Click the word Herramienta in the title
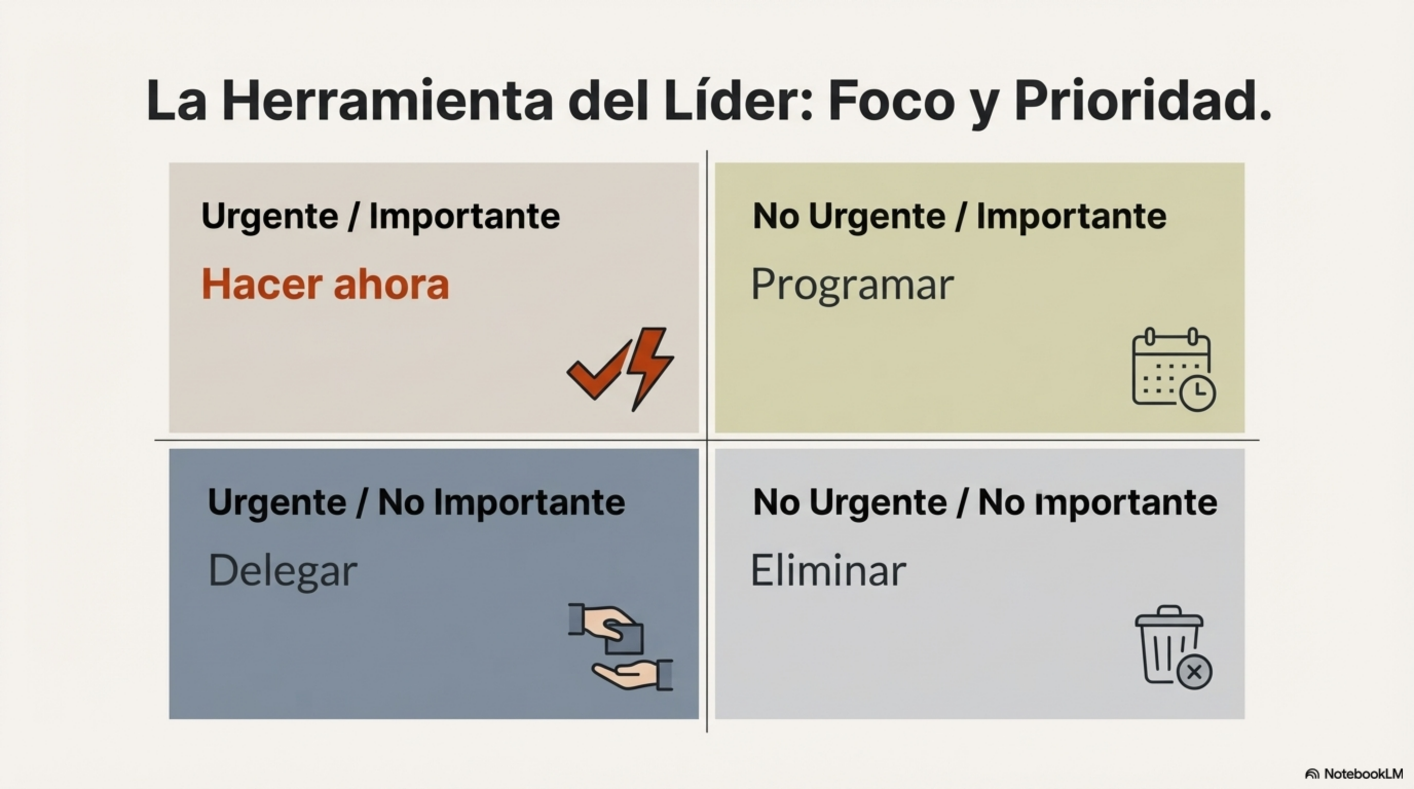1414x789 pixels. [x=386, y=102]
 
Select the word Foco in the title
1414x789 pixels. [x=891, y=102]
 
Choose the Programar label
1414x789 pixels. [x=852, y=284]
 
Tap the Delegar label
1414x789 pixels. [x=283, y=571]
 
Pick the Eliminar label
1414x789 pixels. [x=828, y=571]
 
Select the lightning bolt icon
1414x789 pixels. [x=651, y=365]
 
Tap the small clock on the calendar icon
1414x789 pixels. [x=1198, y=393]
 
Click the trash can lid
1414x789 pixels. [x=1169, y=617]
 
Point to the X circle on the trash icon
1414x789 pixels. [x=1195, y=671]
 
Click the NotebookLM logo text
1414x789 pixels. [x=1363, y=774]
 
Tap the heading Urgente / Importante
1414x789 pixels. [x=380, y=216]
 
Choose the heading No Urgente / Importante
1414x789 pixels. [x=959, y=216]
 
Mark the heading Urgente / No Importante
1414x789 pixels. [x=416, y=502]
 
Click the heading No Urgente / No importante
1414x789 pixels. [x=985, y=502]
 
